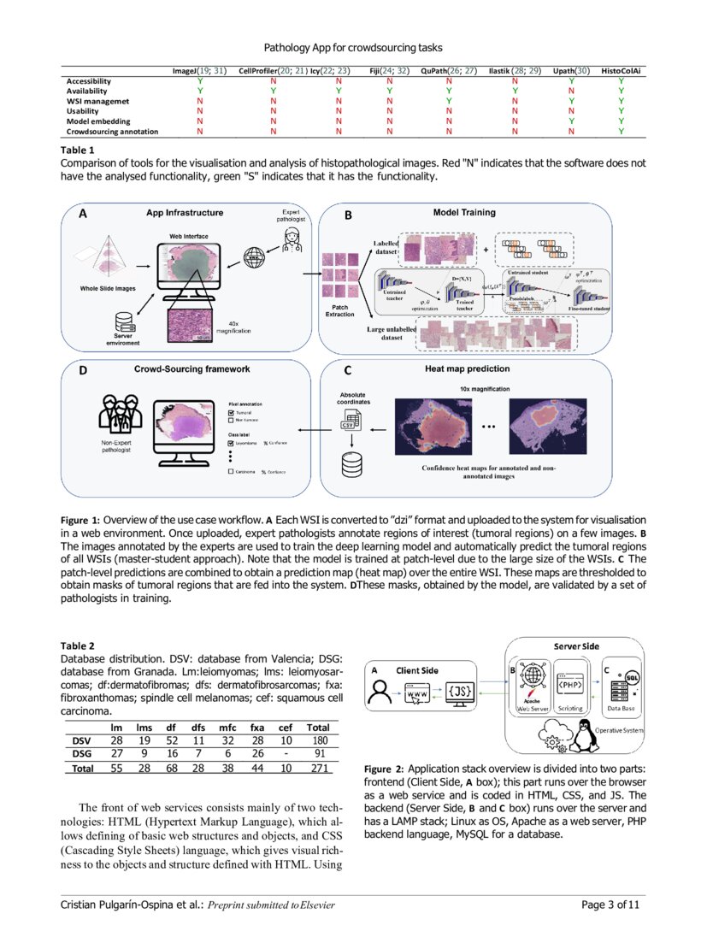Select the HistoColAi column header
coord(622,70)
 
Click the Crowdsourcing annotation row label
coord(112,132)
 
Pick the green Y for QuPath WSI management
coord(448,101)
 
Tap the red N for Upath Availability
coord(571,91)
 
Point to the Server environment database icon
coord(122,322)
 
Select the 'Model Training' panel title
coord(462,213)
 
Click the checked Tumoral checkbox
coord(231,411)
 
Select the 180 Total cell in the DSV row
coord(318,740)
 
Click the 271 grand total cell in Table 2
coord(318,769)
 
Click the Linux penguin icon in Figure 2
coord(586,732)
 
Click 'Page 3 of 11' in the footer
coord(612,905)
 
